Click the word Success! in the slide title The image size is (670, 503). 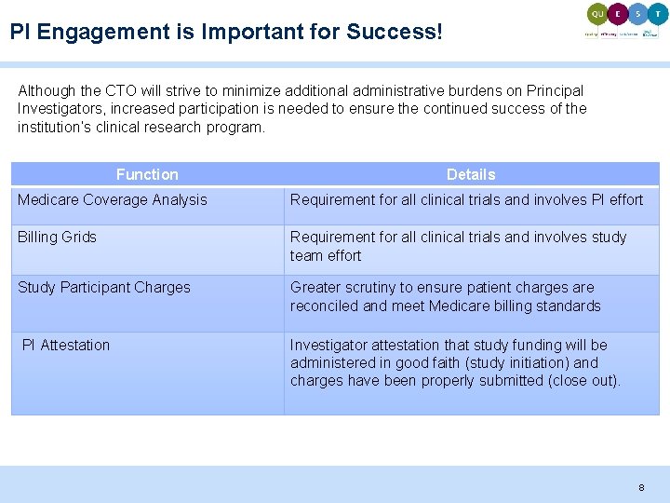(395, 32)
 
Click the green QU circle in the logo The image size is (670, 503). (596, 13)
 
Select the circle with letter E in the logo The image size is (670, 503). (617, 13)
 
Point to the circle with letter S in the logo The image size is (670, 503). (637, 13)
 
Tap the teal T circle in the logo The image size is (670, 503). (658, 13)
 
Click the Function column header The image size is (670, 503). (147, 174)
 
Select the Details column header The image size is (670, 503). (471, 174)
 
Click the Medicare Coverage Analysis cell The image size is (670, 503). (113, 199)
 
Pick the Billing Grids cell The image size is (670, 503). (57, 237)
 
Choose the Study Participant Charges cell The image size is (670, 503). (103, 287)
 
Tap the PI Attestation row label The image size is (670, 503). (66, 345)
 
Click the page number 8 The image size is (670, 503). (640, 487)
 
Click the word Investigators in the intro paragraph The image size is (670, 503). (58, 109)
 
